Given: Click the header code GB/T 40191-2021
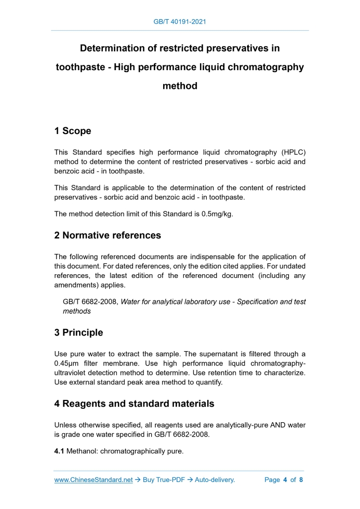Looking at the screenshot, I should coord(180,22).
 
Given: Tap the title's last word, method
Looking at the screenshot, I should coord(180,86).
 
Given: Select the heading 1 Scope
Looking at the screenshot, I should coord(73,131).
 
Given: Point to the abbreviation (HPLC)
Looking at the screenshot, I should coord(294,152).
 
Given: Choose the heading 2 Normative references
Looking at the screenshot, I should coord(108,235).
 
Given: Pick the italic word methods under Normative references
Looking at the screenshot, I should coord(77,311).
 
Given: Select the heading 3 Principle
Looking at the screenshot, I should coord(78,332).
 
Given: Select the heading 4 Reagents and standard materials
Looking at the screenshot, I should coord(134,404).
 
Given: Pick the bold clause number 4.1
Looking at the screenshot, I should coord(59,451).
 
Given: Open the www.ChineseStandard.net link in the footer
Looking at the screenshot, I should coord(94,480).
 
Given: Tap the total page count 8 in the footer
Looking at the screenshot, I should coord(301,480).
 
